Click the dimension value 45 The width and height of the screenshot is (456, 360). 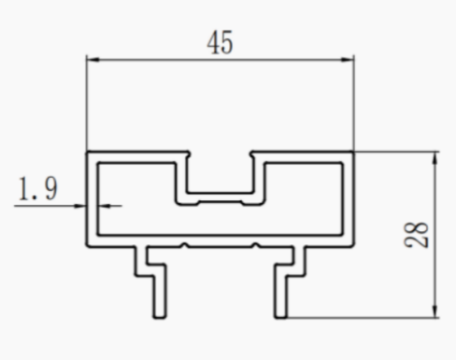[x=220, y=42]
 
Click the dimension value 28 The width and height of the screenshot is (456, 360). [x=416, y=235]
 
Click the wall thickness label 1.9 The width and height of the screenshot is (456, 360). [x=38, y=188]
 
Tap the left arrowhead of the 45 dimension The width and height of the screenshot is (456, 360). [x=93, y=59]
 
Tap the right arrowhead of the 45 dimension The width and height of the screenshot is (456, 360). [x=348, y=59]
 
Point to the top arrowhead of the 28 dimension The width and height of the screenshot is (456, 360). [x=435, y=158]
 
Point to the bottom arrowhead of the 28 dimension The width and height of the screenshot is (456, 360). [x=435, y=311]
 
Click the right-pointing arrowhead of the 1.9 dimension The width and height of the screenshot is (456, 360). [x=79, y=206]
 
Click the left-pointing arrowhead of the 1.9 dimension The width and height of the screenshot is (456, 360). [x=104, y=206]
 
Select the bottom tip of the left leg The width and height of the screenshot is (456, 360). [x=160, y=317]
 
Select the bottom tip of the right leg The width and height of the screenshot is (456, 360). [x=280, y=317]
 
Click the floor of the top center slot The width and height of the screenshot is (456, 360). [x=220, y=194]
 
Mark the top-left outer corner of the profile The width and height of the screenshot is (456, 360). [x=87, y=151]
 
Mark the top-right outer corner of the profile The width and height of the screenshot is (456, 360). [x=353, y=151]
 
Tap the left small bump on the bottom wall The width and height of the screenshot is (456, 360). [x=185, y=245]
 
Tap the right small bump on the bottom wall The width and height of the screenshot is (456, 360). [x=255, y=245]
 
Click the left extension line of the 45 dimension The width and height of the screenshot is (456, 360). [x=87, y=103]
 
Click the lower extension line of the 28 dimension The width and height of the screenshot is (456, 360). [x=363, y=318]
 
